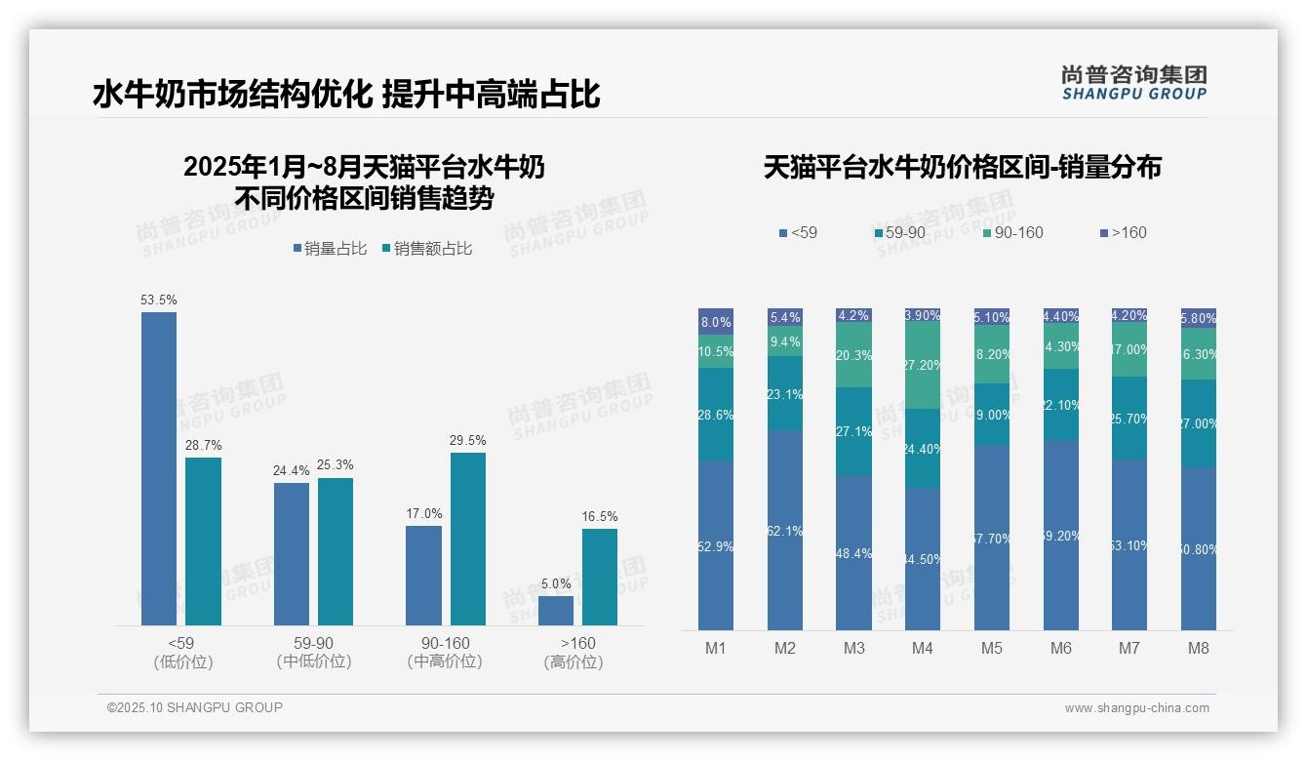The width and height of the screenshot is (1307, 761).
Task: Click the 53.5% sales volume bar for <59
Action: tap(159, 468)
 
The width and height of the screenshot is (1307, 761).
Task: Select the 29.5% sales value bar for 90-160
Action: tap(468, 539)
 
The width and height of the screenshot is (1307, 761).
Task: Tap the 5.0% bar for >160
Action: tap(556, 610)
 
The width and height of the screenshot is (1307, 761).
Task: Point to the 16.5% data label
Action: tap(600, 517)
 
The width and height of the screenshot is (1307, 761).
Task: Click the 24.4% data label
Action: tap(291, 471)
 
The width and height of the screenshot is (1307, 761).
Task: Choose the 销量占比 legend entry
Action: tap(330, 249)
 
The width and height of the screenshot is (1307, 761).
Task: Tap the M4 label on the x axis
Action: tap(923, 648)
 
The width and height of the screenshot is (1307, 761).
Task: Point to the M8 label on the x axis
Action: tap(1199, 648)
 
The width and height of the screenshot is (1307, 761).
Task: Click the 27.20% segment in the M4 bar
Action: tap(923, 366)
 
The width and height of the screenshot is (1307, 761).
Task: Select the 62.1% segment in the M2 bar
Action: tap(785, 530)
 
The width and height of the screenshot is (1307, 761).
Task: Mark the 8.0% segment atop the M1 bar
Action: tap(716, 322)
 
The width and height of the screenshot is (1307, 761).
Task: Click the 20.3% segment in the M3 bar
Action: tap(854, 355)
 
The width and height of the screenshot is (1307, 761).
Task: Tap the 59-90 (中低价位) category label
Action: tap(313, 652)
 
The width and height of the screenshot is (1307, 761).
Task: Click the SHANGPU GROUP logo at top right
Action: tap(1133, 83)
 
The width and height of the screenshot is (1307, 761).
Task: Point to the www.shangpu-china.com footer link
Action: tap(1136, 708)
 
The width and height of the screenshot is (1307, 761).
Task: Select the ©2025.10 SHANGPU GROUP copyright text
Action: tap(195, 707)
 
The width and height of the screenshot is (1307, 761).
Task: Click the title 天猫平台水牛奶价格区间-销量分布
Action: tap(962, 168)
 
